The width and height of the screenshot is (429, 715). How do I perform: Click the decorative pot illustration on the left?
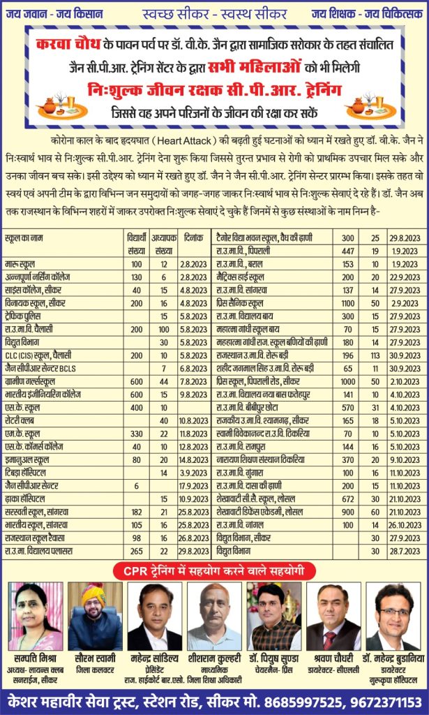(55, 105)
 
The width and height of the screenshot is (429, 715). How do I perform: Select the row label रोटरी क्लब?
(20, 420)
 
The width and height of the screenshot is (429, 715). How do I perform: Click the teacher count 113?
(375, 355)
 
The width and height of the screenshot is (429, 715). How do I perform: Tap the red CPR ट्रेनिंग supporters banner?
(213, 572)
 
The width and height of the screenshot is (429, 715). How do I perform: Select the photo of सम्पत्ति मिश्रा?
(35, 616)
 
